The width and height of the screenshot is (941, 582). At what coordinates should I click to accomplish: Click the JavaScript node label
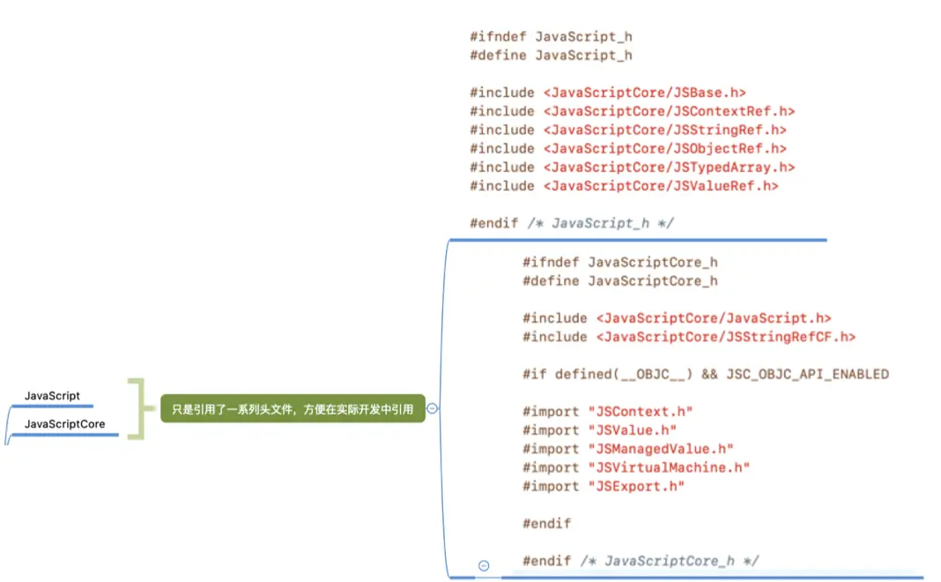coord(52,396)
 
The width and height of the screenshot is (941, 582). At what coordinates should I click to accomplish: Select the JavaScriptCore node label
coord(64,424)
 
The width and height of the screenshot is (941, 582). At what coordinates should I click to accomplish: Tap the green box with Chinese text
coord(293,408)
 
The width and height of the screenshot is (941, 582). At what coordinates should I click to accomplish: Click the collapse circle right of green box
coord(433,408)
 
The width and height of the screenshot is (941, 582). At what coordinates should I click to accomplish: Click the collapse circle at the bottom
coord(484,565)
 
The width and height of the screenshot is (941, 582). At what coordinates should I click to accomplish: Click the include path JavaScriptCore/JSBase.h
coord(645,93)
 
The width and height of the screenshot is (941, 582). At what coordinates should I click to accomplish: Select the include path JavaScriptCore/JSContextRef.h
coord(669,111)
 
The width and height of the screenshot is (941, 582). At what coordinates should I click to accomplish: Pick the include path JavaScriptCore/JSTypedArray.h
coord(669,167)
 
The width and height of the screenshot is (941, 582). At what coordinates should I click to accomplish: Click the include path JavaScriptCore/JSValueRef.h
coord(661,185)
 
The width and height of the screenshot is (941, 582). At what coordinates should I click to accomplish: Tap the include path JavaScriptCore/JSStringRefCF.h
coord(726,337)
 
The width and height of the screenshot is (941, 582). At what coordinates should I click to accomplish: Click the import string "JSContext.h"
coord(640,412)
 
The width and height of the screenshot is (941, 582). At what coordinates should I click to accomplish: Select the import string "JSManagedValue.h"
coord(660,449)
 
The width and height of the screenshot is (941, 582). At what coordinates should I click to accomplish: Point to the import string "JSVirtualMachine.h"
coord(668,467)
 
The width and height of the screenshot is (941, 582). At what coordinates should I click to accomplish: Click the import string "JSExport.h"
coord(635,486)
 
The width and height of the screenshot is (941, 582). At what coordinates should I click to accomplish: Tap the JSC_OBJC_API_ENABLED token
coord(807,374)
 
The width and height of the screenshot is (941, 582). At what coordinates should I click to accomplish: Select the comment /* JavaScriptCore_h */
coord(669,561)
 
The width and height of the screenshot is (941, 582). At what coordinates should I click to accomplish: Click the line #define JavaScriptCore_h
coord(619,280)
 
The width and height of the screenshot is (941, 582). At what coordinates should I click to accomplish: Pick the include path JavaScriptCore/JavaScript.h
coord(714,318)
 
